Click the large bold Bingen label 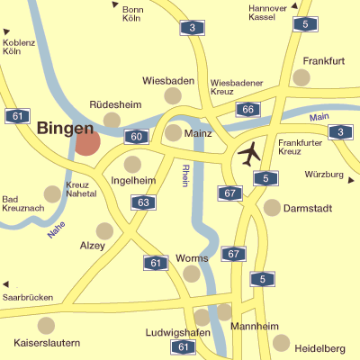[65, 129]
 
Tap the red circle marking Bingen [87, 142]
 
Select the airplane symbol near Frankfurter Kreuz [249, 154]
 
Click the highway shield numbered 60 [136, 137]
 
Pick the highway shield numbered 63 [143, 202]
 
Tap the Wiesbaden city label [168, 81]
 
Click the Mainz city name [197, 133]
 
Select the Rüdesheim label [116, 103]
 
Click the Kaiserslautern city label [48, 343]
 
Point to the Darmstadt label [309, 209]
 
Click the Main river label [319, 118]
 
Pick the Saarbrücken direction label [27, 297]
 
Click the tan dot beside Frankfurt [301, 78]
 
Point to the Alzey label [93, 246]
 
